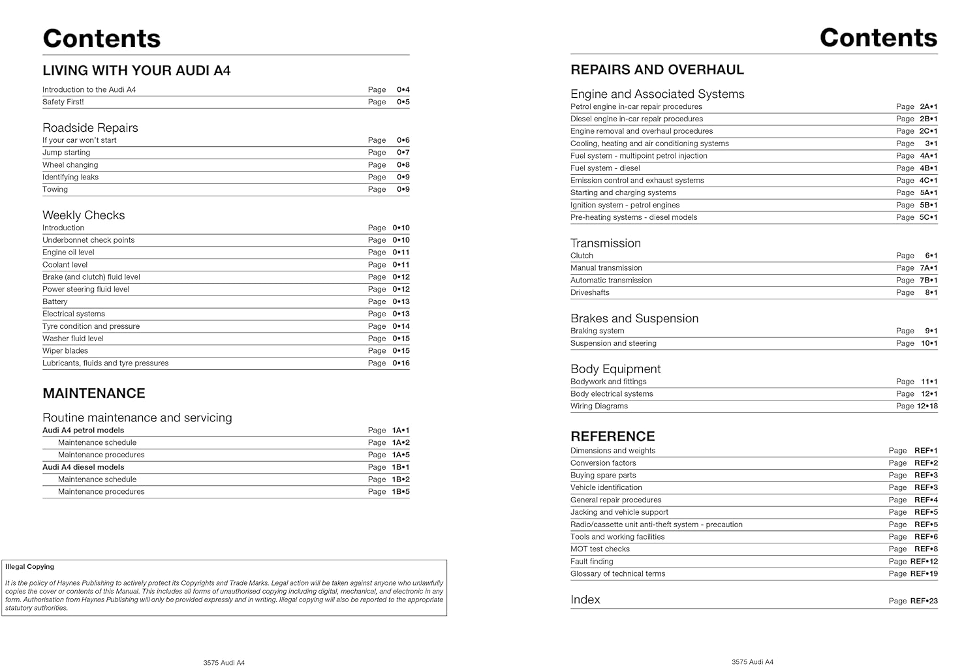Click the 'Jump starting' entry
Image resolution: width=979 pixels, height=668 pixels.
(x=67, y=153)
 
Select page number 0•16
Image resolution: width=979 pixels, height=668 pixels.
(x=401, y=363)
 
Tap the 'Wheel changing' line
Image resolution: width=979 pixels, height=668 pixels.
(x=70, y=165)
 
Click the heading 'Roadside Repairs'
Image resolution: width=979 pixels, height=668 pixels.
(x=90, y=128)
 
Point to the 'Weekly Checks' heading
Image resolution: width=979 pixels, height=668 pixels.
(x=84, y=215)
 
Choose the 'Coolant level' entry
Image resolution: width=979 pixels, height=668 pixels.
(x=65, y=265)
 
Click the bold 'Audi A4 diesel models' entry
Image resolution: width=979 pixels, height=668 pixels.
(x=83, y=467)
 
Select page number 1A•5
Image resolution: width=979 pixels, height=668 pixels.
(x=401, y=455)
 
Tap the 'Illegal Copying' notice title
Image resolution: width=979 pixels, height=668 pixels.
(x=30, y=567)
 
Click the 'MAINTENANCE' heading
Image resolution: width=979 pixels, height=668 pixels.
(x=94, y=393)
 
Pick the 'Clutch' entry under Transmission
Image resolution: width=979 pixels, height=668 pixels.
(x=582, y=256)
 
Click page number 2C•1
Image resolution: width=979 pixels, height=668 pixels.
(x=928, y=131)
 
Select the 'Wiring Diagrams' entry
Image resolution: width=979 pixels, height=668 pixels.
(x=599, y=406)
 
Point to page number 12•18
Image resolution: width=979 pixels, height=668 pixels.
(x=927, y=406)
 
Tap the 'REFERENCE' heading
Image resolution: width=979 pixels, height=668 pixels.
(x=612, y=436)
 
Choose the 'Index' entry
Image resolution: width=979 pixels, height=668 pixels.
(x=585, y=600)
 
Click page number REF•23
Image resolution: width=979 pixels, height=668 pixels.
(x=924, y=601)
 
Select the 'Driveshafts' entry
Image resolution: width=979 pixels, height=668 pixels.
(x=590, y=293)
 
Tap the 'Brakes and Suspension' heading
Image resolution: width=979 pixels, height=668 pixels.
(x=634, y=318)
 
